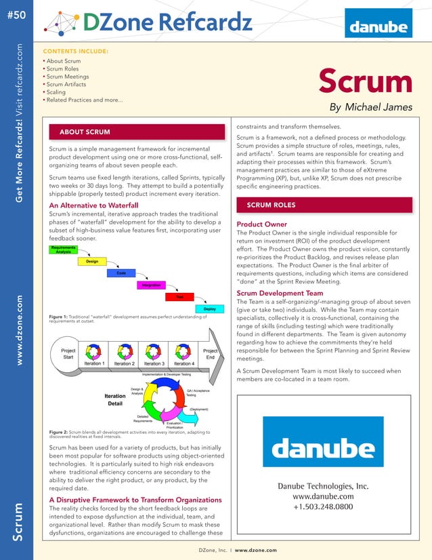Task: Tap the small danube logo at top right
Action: (379, 28)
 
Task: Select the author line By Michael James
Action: (370, 107)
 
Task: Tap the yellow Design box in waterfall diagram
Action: (93, 261)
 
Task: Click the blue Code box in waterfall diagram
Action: (121, 273)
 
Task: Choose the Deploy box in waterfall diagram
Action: (209, 309)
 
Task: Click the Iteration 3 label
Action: (154, 363)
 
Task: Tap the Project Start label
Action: (68, 353)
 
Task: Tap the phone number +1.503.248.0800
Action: (324, 506)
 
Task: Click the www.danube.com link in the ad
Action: (324, 496)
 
